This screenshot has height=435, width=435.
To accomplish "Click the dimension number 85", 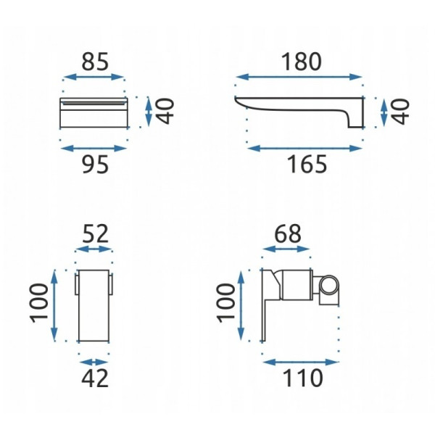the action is coord(94,62).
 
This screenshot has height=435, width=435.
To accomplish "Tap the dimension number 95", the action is coord(95,165).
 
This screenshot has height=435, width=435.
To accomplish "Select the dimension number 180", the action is coord(302,62).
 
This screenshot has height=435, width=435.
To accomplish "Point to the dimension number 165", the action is coord(307,165).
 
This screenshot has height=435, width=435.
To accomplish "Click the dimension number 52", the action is coord(95,233).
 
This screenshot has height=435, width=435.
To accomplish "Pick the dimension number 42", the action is coord(94,378).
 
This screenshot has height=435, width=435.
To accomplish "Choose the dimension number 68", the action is coord(288,233).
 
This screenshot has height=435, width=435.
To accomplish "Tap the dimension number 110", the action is coord(302,378).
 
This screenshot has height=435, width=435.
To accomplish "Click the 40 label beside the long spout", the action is coord(399,112).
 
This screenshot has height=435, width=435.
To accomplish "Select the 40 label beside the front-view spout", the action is coord(165,111).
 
